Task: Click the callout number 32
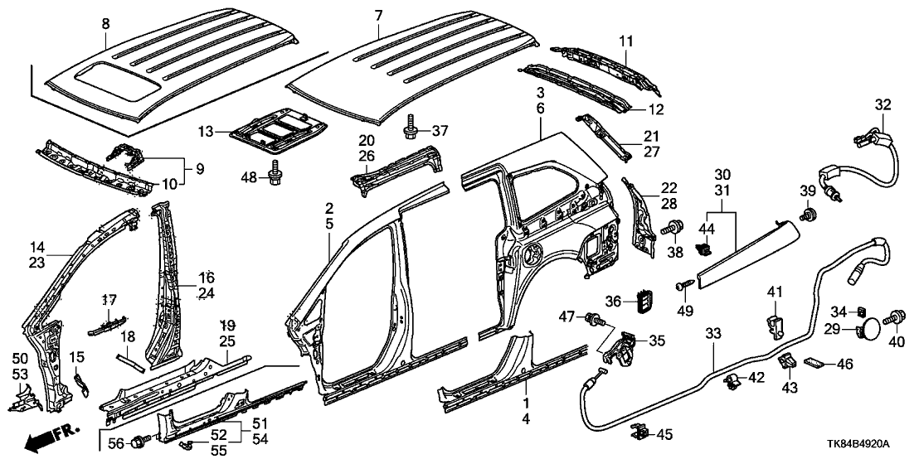(x=883, y=104)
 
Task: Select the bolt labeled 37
(x=412, y=130)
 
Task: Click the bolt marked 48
(x=275, y=175)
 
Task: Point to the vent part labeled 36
(x=644, y=301)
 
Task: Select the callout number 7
(x=379, y=16)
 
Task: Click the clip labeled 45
(x=640, y=432)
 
